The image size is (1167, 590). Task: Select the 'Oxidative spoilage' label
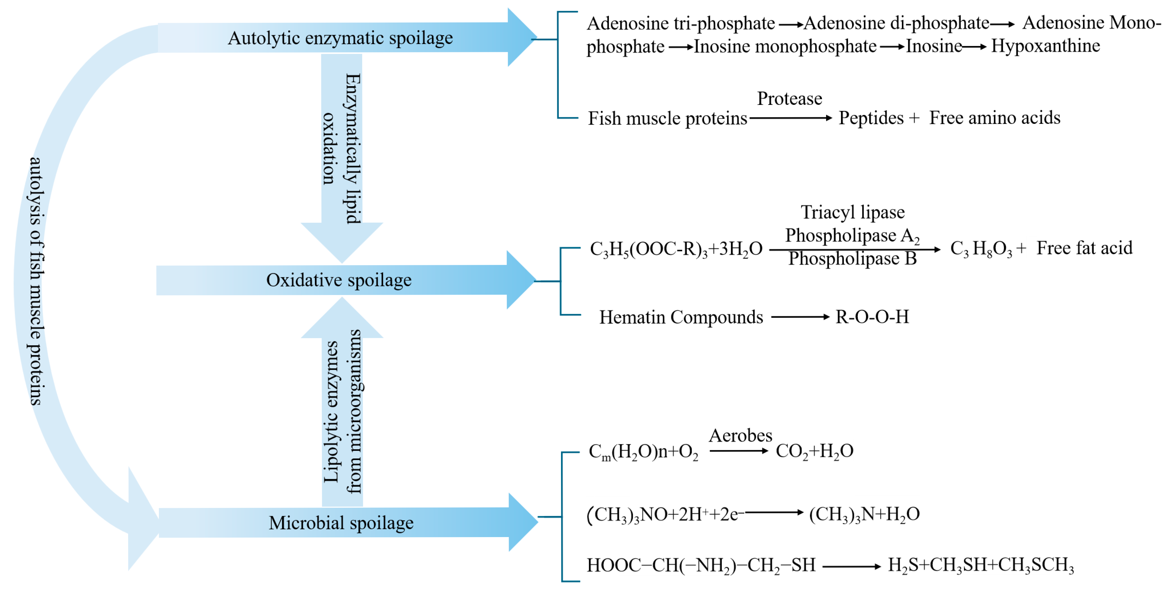[x=339, y=280]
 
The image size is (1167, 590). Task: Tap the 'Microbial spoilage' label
[x=341, y=523]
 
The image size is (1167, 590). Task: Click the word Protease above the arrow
[x=789, y=99]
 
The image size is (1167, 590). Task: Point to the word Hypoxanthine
[x=1045, y=46]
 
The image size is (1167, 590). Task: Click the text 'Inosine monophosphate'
[x=785, y=46]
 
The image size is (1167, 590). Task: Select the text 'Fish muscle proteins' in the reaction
[x=667, y=119]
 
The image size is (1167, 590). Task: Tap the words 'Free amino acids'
[x=994, y=118]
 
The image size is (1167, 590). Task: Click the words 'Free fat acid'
[x=1084, y=248]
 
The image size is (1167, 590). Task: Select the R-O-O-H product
[x=872, y=317]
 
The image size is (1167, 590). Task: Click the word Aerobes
[x=740, y=436]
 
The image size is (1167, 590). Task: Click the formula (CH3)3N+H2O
[x=864, y=514]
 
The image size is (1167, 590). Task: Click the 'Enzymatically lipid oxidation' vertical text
[x=342, y=150]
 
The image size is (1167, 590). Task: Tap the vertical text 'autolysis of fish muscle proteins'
[x=35, y=281]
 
